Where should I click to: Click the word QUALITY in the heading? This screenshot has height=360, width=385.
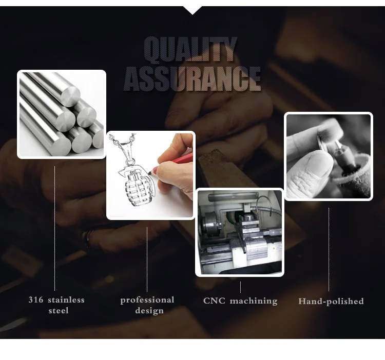pyautogui.click(x=190, y=49)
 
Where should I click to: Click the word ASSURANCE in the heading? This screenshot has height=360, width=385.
pyautogui.click(x=192, y=79)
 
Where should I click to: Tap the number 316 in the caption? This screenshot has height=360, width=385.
pyautogui.click(x=35, y=299)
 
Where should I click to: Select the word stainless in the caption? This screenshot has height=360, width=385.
pyautogui.click(x=66, y=299)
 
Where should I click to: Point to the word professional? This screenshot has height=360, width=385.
pyautogui.click(x=147, y=300)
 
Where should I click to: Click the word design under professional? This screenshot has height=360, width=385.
pyautogui.click(x=149, y=311)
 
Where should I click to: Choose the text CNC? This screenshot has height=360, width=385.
pyautogui.click(x=214, y=301)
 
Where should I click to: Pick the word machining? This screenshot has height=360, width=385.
pyautogui.click(x=254, y=301)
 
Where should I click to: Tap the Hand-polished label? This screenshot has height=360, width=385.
pyautogui.click(x=331, y=302)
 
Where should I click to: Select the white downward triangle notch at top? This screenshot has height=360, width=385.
pyautogui.click(x=192, y=10)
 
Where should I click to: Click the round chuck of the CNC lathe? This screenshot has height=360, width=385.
pyautogui.click(x=210, y=224)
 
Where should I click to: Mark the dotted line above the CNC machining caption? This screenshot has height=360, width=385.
pyautogui.click(x=240, y=287)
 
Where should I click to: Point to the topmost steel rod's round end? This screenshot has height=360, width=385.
pyautogui.click(x=70, y=96)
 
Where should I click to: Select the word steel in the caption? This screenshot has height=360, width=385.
pyautogui.click(x=59, y=311)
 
